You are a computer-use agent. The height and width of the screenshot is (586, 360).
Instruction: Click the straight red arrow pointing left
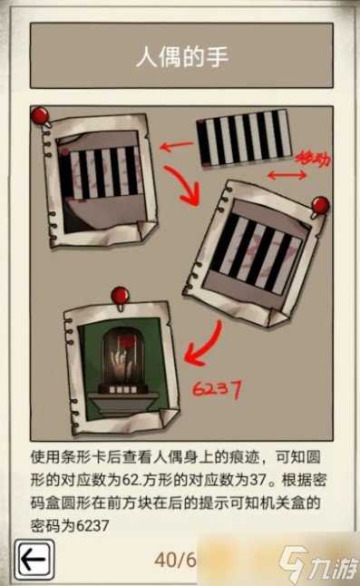tap(177, 145)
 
